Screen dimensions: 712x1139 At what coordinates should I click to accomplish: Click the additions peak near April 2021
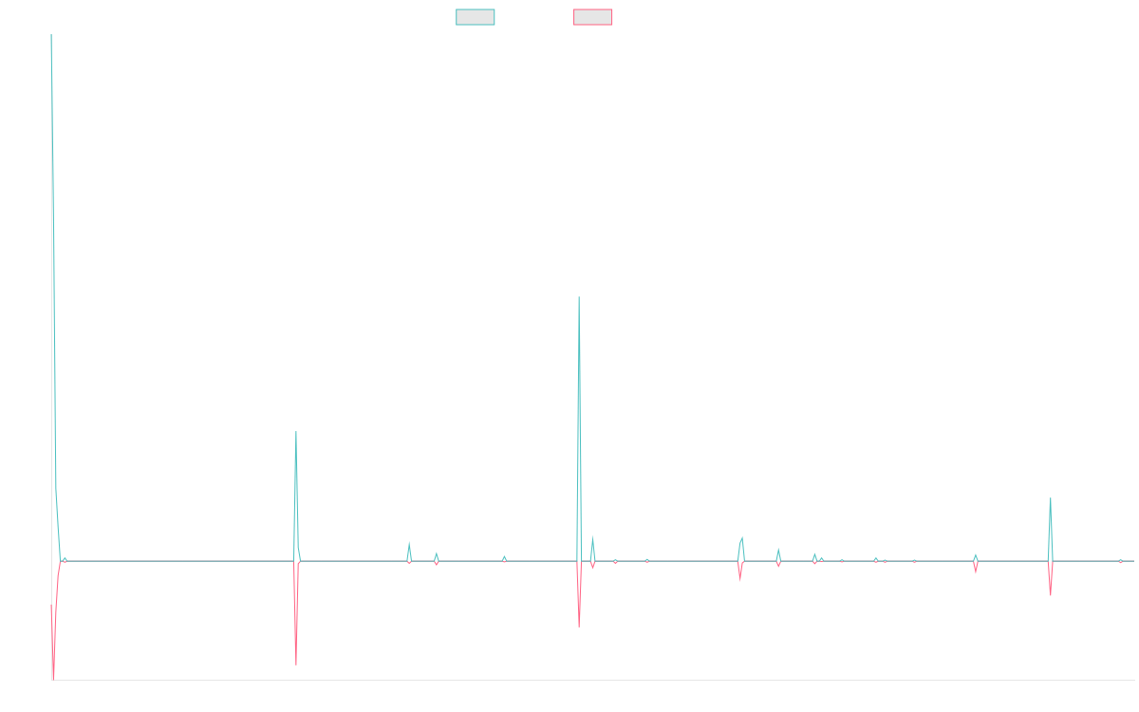pos(579,297)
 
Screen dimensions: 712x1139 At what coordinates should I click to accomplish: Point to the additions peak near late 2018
pos(296,432)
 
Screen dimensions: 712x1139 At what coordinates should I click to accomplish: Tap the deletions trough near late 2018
pos(296,665)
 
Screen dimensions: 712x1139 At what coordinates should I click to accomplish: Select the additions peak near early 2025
pos(1051,498)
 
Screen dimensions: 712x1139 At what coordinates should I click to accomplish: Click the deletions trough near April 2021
pos(579,627)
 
